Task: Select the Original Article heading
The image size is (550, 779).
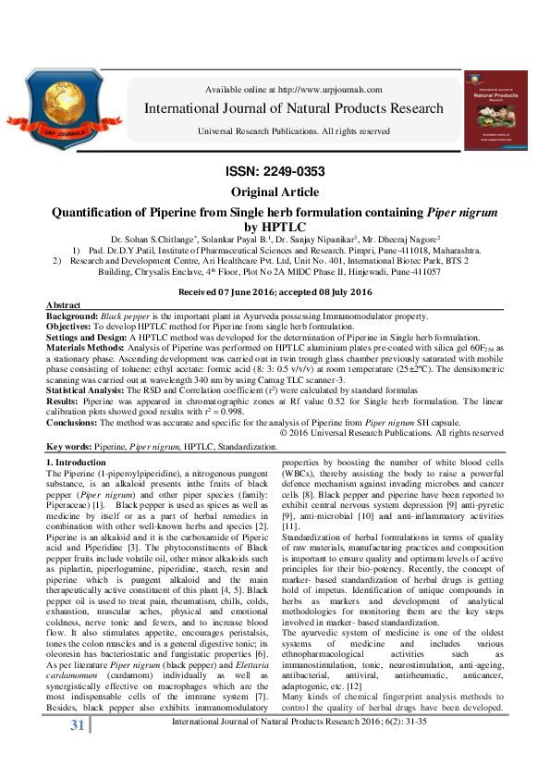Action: point(275,192)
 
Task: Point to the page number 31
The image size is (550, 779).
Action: point(53,748)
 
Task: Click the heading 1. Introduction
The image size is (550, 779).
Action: point(81,462)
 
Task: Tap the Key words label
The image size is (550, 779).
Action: point(73,446)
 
